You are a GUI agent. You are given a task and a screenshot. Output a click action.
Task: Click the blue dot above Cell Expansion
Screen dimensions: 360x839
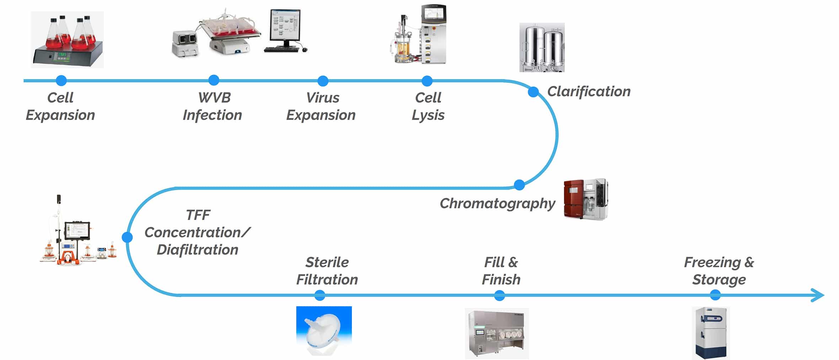click(x=61, y=81)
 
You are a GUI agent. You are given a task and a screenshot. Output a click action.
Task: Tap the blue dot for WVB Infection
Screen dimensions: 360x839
click(x=214, y=80)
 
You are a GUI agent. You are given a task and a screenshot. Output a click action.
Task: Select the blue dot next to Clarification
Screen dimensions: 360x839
click(x=533, y=92)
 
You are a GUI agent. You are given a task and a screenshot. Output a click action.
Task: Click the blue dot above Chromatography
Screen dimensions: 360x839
click(x=519, y=185)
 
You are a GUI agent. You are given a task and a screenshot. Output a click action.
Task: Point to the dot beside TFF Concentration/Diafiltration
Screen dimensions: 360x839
click(x=127, y=237)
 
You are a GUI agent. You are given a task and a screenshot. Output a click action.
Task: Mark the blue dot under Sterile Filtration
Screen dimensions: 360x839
click(x=320, y=295)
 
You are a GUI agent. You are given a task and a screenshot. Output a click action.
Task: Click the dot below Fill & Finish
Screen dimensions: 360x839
click(x=499, y=295)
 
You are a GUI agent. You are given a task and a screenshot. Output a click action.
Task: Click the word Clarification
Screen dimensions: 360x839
click(x=589, y=92)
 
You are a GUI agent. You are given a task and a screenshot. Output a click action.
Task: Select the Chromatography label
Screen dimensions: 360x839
click(x=497, y=204)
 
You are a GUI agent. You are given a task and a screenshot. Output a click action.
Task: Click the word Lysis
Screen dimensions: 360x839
click(x=428, y=115)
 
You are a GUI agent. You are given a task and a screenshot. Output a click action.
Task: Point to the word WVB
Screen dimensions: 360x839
click(x=214, y=98)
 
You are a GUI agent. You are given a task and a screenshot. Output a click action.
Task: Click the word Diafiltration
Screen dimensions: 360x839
click(x=197, y=250)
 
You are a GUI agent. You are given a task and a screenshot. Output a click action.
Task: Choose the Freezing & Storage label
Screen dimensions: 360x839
click(x=719, y=271)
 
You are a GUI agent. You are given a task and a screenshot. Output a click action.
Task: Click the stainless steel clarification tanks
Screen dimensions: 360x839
click(x=542, y=47)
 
